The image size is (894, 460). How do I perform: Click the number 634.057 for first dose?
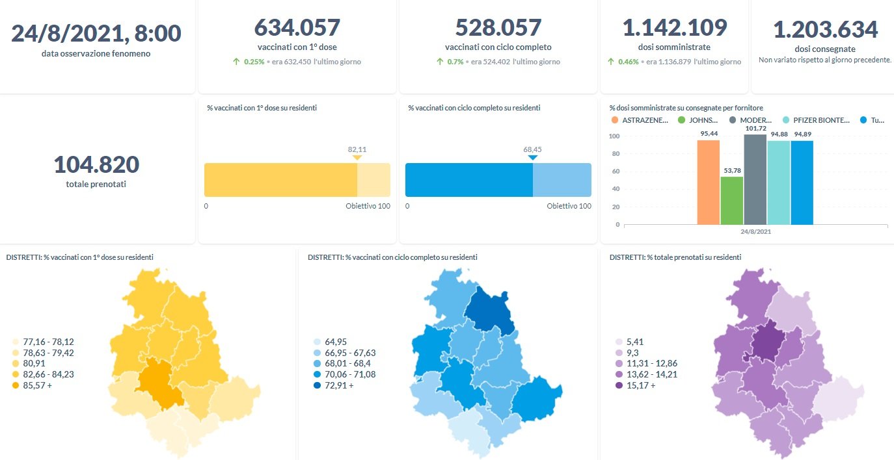click(x=297, y=28)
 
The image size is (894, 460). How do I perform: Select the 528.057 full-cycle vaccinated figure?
click(x=498, y=28)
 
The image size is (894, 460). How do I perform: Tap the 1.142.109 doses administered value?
click(x=674, y=28)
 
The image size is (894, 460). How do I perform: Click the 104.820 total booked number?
click(x=96, y=164)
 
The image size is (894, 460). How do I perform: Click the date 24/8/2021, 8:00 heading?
click(x=96, y=33)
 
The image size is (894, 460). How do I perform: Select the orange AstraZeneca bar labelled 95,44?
click(x=708, y=183)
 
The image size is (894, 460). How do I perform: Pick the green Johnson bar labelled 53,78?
click(x=731, y=201)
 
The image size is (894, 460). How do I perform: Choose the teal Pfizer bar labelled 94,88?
click(x=778, y=183)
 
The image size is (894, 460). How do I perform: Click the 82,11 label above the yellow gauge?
click(x=357, y=149)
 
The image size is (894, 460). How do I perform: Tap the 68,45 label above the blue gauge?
click(x=532, y=149)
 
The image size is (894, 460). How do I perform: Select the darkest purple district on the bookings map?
click(x=770, y=341)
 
